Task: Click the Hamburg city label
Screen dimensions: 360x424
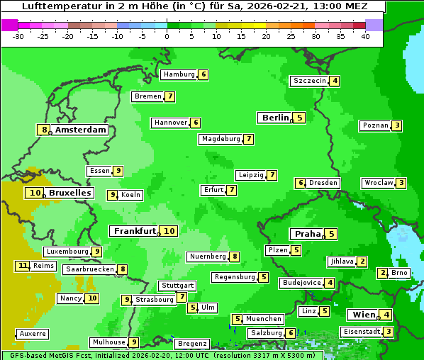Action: coord(179,74)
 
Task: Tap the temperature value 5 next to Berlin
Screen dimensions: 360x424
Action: coord(300,118)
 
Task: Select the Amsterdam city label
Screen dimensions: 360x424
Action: coord(81,130)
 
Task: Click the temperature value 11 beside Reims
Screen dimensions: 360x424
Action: coord(23,266)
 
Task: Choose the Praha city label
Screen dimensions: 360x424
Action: coord(308,234)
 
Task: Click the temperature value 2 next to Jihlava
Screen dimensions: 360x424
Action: coord(362,261)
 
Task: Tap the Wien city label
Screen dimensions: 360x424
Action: coord(363,315)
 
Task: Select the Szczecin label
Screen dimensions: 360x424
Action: coord(310,81)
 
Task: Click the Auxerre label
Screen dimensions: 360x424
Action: coord(33,333)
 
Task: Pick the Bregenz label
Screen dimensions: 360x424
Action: coord(191,343)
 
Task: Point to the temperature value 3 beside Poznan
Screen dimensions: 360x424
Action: coord(397,125)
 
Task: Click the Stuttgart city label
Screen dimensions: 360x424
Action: coord(177,286)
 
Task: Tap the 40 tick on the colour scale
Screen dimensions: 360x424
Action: coord(365,35)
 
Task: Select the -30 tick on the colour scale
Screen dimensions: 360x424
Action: coord(18,35)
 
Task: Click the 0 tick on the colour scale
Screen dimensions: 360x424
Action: coord(167,35)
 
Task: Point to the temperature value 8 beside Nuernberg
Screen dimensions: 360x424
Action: coord(235,257)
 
